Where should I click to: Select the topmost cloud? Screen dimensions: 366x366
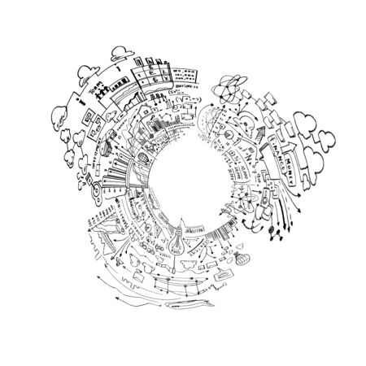tap(118, 50)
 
